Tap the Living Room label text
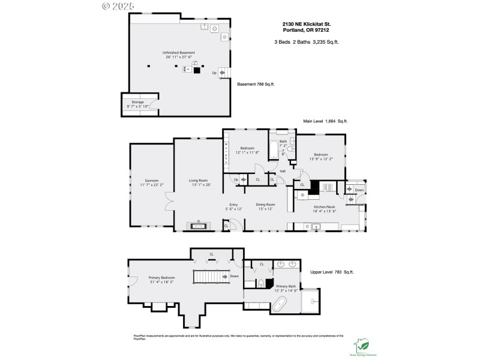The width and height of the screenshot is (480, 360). [x=198, y=182]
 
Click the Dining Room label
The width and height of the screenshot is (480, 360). [x=265, y=206]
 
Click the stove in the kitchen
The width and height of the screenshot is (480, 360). [x=327, y=187]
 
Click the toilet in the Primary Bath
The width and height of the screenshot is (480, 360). [x=262, y=283]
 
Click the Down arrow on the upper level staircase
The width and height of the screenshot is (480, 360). [x=229, y=277]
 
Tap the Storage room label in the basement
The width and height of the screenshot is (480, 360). [x=138, y=104]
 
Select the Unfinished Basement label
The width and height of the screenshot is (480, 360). [x=178, y=55]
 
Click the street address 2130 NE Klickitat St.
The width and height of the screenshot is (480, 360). [x=307, y=25]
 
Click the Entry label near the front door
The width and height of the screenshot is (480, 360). [x=233, y=206]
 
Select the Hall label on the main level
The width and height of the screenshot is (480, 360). [x=282, y=172]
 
